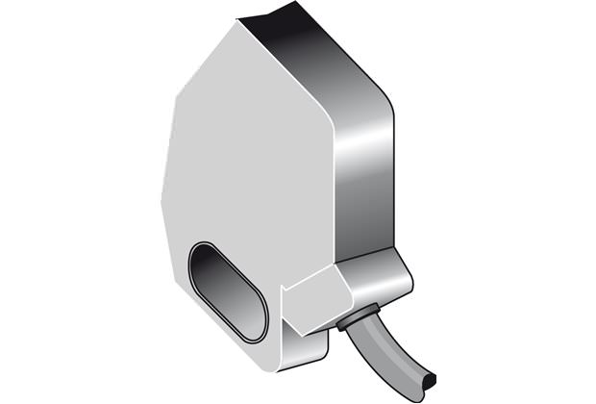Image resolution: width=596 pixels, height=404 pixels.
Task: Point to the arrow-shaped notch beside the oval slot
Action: click(x=285, y=289)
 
